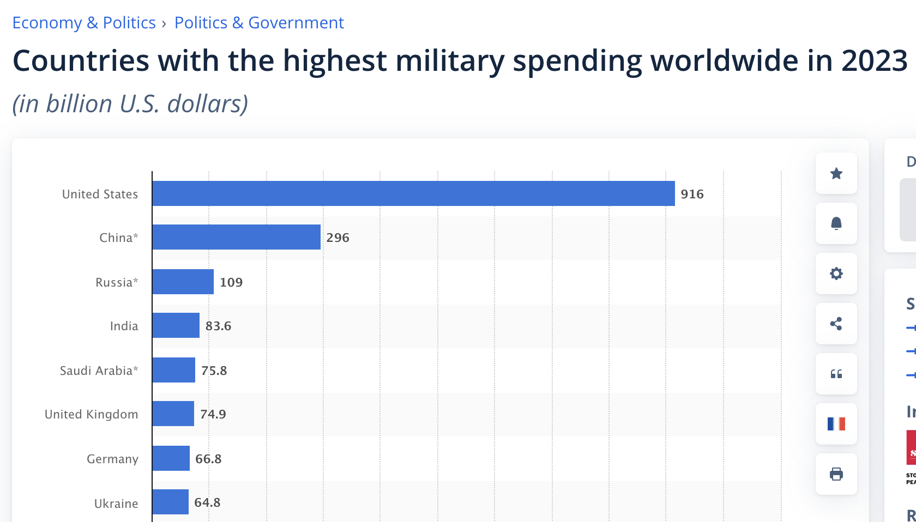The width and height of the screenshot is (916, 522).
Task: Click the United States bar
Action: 413,193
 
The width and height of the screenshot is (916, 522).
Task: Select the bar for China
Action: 236,237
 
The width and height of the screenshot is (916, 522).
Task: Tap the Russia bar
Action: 183,282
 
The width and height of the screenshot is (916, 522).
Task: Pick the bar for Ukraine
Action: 170,502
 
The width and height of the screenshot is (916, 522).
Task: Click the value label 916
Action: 692,194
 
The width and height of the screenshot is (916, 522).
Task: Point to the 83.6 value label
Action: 218,326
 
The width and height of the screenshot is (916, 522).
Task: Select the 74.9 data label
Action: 213,414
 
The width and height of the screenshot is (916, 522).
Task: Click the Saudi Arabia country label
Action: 99,371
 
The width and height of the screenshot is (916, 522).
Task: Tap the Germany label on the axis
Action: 112,459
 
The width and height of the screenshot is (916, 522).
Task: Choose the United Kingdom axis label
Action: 91,414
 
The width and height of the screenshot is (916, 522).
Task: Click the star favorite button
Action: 836,173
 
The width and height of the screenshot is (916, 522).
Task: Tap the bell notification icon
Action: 836,223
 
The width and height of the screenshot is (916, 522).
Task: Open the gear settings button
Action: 836,274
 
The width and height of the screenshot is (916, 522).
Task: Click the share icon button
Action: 836,324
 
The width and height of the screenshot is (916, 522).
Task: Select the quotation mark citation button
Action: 836,374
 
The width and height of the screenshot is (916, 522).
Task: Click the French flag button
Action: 836,424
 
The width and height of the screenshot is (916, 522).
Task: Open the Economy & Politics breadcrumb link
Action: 84,23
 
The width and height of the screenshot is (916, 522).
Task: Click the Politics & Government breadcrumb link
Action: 259,23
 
